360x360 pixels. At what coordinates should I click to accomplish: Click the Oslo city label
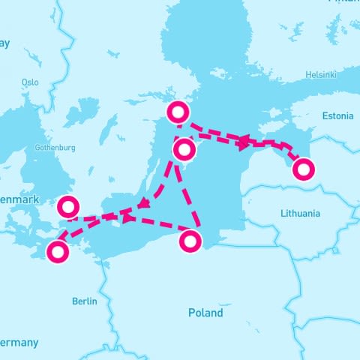[30, 82]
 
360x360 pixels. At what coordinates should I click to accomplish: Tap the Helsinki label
[322, 75]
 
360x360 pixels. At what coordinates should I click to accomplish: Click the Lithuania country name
[300, 214]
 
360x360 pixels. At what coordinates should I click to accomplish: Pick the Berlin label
[85, 301]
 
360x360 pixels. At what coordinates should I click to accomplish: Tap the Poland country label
[205, 313]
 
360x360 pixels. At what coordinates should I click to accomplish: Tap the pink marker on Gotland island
[184, 151]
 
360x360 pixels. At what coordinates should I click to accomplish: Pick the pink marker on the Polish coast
[191, 241]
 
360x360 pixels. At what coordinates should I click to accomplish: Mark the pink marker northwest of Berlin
[58, 252]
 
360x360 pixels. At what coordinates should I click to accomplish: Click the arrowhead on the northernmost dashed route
[242, 140]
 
